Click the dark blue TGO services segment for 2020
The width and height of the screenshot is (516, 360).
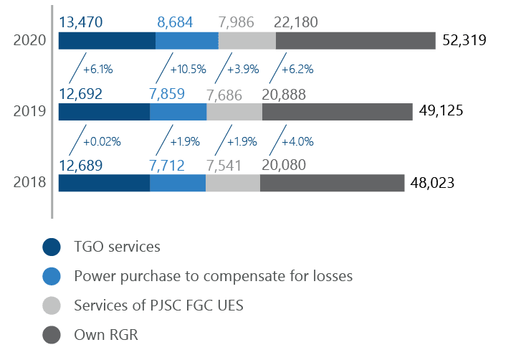click(x=106, y=41)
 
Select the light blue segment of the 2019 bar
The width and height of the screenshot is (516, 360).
click(x=178, y=112)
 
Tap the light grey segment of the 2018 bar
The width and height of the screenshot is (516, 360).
click(x=232, y=183)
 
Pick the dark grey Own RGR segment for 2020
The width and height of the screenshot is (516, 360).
click(x=355, y=41)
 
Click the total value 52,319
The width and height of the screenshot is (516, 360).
click(x=464, y=41)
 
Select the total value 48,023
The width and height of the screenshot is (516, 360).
click(x=432, y=183)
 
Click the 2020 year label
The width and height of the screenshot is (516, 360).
click(x=30, y=40)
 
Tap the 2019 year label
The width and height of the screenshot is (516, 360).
click(x=30, y=111)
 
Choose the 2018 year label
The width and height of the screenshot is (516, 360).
click(x=30, y=182)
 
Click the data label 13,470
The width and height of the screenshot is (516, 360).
click(x=80, y=23)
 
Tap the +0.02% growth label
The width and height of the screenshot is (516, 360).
click(x=102, y=141)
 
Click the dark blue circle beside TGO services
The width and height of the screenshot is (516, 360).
click(x=52, y=247)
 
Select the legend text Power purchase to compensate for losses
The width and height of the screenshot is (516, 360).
click(x=213, y=276)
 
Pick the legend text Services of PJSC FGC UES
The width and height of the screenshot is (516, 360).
click(x=158, y=305)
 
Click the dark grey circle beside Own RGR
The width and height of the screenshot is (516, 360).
click(x=52, y=335)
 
